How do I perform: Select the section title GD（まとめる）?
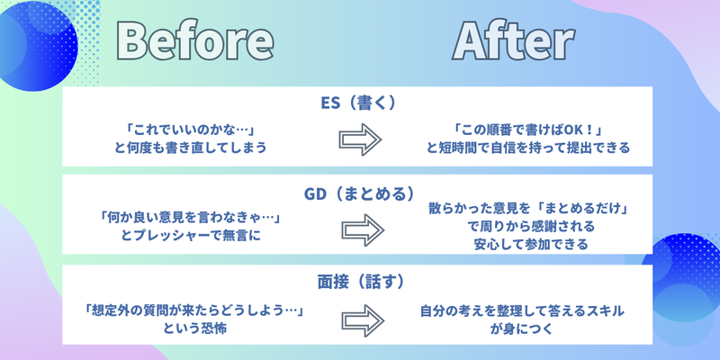pos(358,193)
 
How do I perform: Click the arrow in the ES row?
pos(359,139)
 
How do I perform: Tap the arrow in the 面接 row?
pos(359,319)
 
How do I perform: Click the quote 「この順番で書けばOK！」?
pos(528,130)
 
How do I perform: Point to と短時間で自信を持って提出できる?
pos(528,147)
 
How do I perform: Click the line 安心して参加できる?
pos(528,244)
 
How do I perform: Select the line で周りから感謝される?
pos(528,227)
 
